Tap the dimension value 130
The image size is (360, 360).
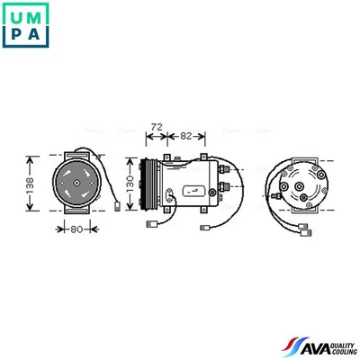(130, 184)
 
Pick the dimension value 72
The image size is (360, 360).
(156, 127)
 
